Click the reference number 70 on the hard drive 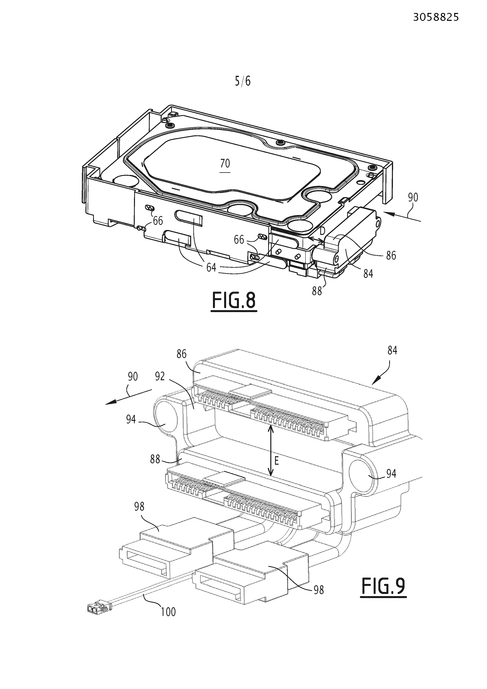225,164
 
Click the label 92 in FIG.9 160,377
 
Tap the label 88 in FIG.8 317,290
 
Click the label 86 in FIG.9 181,354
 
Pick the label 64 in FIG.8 211,267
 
